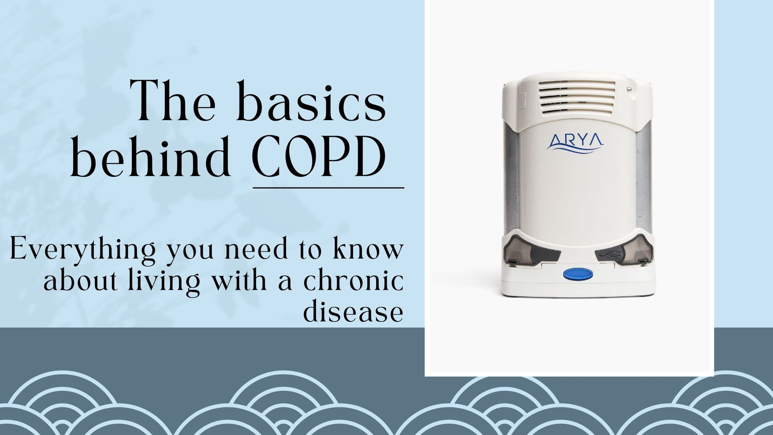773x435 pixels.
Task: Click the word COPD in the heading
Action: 318,157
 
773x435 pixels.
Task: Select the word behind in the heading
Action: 150,157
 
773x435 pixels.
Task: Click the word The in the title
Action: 173,102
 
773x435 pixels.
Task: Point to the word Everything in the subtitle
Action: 82,250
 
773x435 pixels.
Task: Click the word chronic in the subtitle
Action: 353,281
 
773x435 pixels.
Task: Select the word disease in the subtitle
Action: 353,312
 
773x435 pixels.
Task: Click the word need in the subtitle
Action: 256,249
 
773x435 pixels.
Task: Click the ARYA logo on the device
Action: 575,141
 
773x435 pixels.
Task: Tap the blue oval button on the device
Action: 577,274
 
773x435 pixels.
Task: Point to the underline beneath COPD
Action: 328,188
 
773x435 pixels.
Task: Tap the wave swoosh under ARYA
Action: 575,149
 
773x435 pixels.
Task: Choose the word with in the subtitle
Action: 238,281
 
